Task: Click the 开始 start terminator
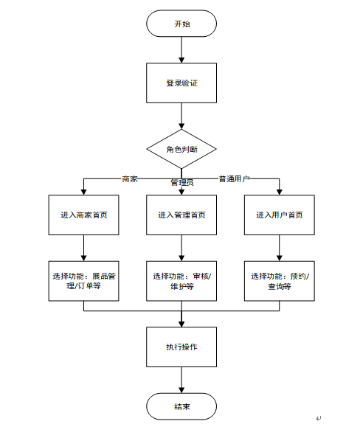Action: [x=181, y=24]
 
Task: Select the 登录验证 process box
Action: [x=181, y=83]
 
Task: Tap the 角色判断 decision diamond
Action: [x=181, y=149]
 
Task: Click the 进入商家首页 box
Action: [x=83, y=215]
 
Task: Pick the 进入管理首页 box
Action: [x=181, y=215]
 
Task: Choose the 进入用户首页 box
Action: [x=280, y=215]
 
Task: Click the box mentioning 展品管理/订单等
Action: [x=83, y=281]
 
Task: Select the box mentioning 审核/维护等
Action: [x=181, y=281]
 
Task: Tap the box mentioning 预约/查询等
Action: [x=280, y=281]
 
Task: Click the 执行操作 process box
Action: [x=181, y=347]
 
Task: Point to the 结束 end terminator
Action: [x=181, y=406]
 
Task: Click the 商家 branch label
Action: [x=130, y=178]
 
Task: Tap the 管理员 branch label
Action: [x=182, y=183]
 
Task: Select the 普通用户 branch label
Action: [x=234, y=178]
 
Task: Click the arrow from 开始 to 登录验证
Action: [x=181, y=49]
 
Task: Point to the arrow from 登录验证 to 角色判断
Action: [x=181, y=116]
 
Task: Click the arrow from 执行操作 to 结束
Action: [x=181, y=380]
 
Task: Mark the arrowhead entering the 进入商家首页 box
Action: [x=83, y=192]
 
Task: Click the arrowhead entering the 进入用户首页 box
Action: [x=280, y=192]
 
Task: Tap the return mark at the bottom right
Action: [x=319, y=418]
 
